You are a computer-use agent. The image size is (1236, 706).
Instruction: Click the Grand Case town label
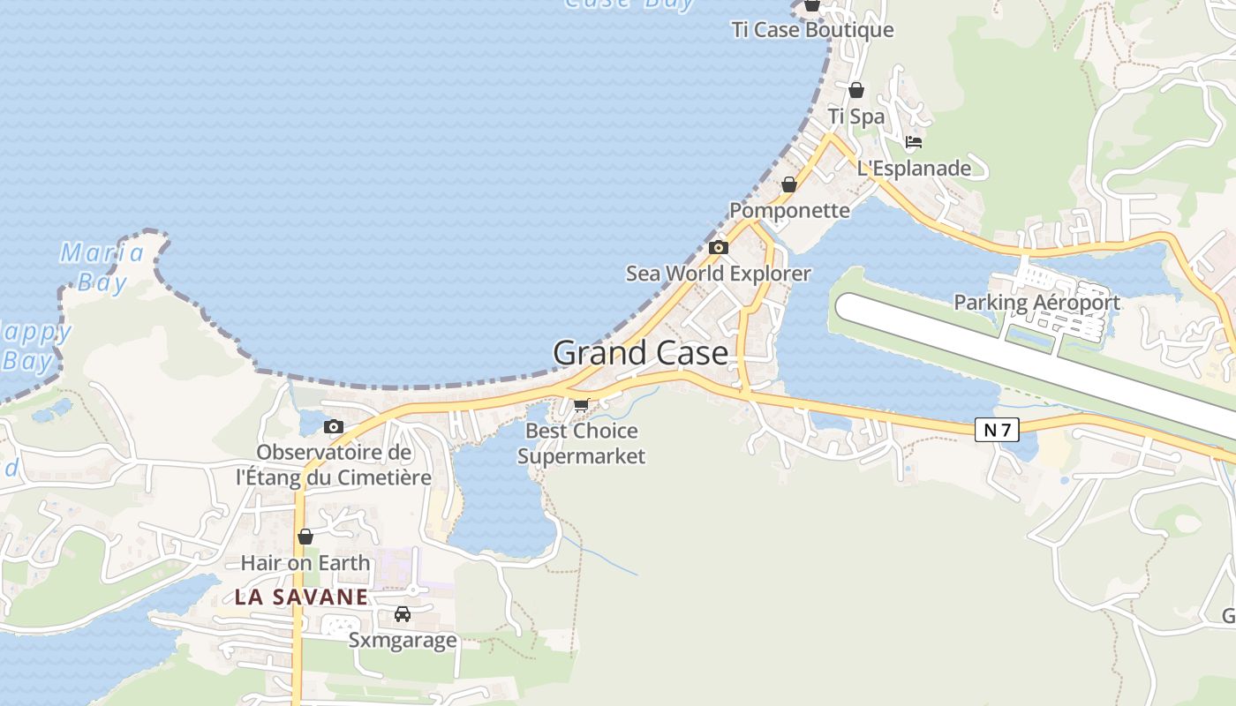point(641,354)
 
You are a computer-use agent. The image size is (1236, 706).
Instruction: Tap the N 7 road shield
point(998,430)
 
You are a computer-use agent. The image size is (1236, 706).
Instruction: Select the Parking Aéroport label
point(1036,303)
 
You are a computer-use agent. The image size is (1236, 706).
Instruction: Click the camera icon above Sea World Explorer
point(719,248)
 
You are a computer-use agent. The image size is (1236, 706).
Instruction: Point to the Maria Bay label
point(102,267)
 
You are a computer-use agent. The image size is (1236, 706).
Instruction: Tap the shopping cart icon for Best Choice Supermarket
point(581,405)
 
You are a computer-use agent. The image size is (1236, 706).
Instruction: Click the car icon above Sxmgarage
point(403,613)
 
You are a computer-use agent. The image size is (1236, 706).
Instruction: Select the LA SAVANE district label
point(301,597)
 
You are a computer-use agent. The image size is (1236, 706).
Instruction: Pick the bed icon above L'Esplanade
point(914,142)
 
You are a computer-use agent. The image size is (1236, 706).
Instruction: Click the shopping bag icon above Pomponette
point(789,184)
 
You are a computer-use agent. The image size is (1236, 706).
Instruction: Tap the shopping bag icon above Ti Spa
point(856,89)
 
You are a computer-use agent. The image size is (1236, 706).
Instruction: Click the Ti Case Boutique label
point(812,30)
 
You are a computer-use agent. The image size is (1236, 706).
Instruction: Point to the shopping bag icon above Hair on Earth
point(305,537)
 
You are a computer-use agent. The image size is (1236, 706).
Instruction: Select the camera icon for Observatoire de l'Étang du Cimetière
point(334,427)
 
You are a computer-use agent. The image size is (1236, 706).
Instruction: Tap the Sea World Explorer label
point(718,274)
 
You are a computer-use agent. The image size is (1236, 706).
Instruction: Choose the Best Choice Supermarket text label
point(581,444)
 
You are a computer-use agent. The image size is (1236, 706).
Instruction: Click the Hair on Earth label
point(305,562)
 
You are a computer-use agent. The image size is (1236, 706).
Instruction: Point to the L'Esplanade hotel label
point(914,169)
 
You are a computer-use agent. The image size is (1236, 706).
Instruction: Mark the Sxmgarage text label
point(403,640)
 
